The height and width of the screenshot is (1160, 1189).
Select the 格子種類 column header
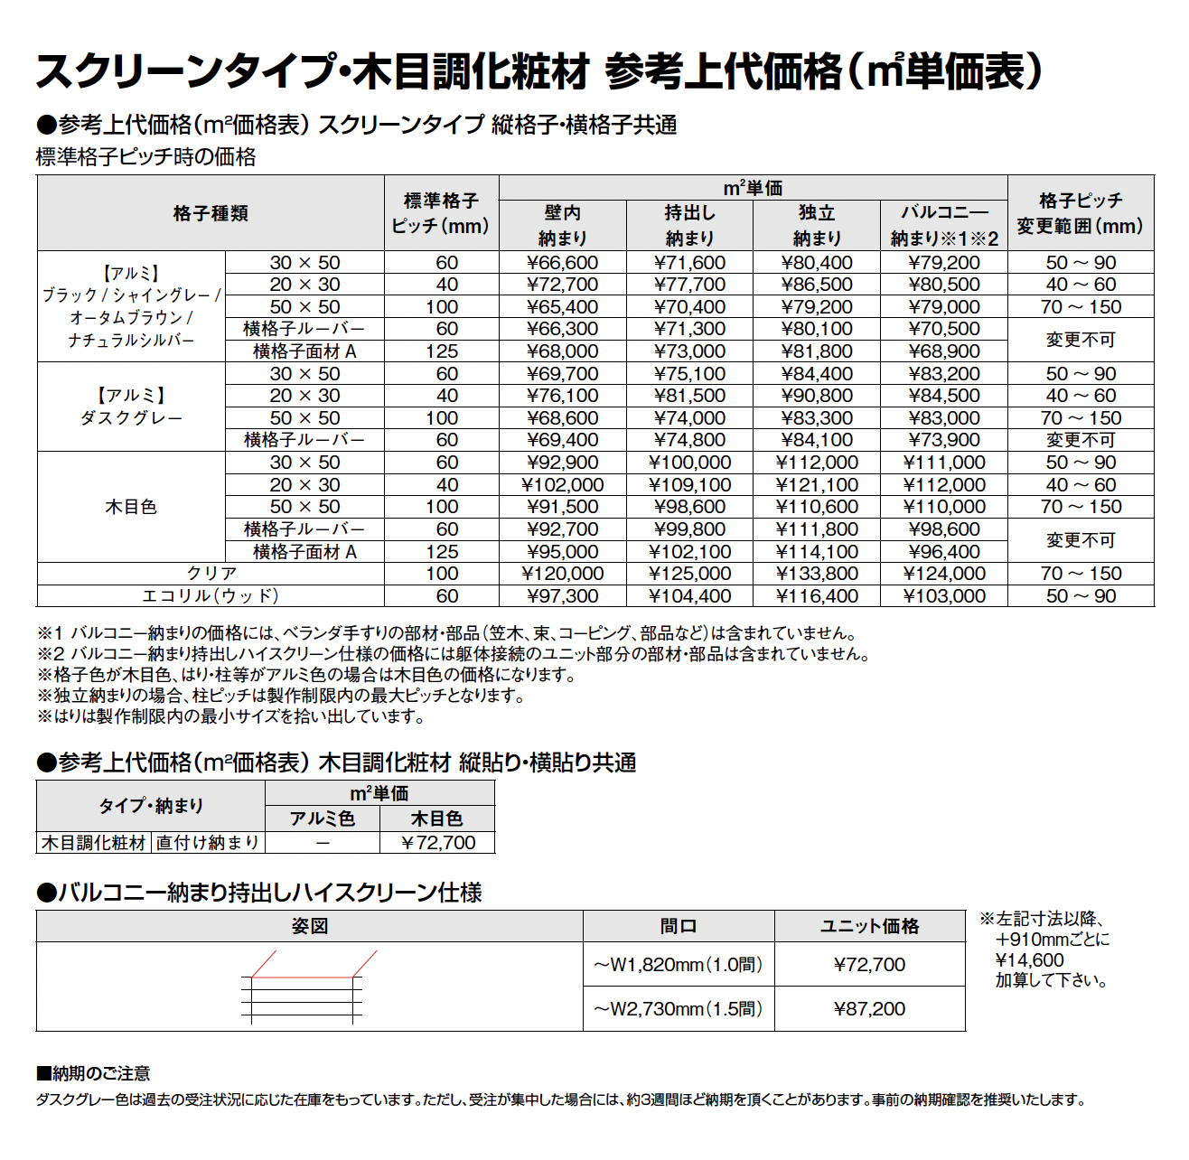(211, 213)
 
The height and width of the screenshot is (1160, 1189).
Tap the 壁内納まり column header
(562, 225)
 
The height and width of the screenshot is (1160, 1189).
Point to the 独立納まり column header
(817, 225)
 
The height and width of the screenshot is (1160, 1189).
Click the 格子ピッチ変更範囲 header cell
(1080, 213)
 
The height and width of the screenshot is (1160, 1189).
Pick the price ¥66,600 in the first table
(562, 263)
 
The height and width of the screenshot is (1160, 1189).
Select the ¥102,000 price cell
(562, 485)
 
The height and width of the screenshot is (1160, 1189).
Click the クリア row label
(211, 574)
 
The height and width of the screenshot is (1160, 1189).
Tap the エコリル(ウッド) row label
(211, 596)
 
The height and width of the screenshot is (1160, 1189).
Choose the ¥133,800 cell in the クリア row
(817, 574)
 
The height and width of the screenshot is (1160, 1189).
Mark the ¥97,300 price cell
(562, 596)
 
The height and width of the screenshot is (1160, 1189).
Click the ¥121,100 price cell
(817, 485)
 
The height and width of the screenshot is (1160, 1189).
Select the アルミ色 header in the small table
(323, 819)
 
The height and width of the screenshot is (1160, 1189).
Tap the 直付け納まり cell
(208, 843)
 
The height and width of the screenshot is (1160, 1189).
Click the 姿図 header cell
(309, 926)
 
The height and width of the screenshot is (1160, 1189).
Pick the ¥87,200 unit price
(869, 1009)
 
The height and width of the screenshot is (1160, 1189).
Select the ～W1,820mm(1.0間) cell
(678, 965)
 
